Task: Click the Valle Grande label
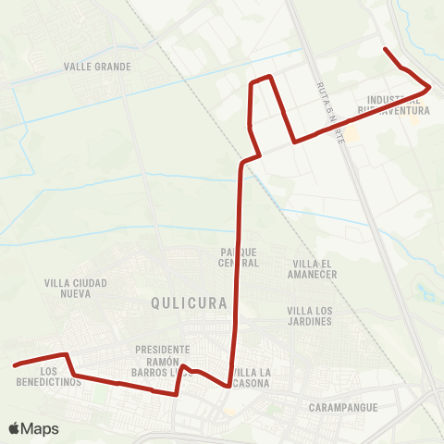point(97,67)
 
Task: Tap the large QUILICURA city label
point(188,302)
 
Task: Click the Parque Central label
point(239,257)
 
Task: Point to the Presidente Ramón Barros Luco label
point(163,360)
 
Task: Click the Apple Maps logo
point(33,428)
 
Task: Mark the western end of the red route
point(15,365)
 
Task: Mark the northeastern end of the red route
point(385,47)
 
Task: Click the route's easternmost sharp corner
point(430,87)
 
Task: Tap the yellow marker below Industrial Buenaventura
point(414,117)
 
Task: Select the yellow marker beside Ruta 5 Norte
point(351,135)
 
